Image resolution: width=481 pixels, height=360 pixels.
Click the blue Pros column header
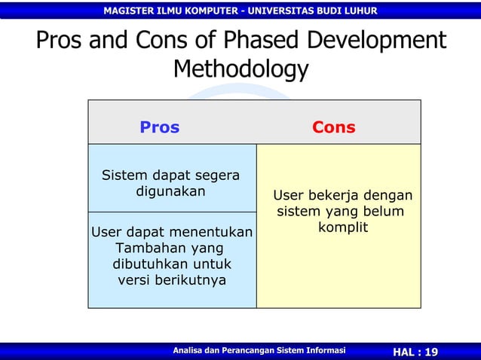pyautogui.click(x=159, y=127)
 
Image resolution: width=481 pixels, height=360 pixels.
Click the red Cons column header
pyautogui.click(x=333, y=127)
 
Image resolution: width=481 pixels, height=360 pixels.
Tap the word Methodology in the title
pyautogui.click(x=240, y=69)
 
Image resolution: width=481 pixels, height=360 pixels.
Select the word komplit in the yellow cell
pyautogui.click(x=342, y=227)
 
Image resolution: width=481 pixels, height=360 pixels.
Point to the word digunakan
pyautogui.click(x=170, y=191)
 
